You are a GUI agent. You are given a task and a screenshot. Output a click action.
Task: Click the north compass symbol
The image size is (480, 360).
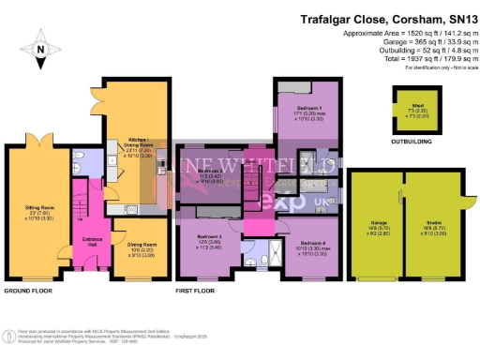(39, 44)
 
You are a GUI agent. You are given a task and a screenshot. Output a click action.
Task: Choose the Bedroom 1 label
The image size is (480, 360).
(309, 112)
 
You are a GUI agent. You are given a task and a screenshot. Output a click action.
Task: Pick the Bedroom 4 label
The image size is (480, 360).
(310, 248)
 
